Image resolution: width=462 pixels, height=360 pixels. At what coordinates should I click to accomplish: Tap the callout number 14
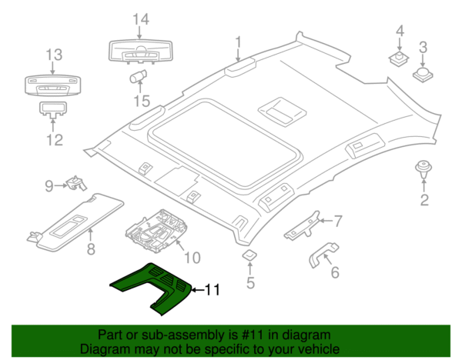[x=141, y=19]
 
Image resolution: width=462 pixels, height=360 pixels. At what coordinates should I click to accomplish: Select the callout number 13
[x=54, y=55]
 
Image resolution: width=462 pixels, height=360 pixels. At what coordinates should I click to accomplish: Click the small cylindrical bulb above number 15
[x=138, y=76]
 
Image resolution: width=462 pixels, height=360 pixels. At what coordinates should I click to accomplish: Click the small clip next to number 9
[x=76, y=183]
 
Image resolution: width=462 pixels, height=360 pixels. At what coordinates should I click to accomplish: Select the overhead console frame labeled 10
[x=156, y=229]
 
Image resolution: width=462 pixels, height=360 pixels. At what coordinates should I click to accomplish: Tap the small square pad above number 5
[x=249, y=255]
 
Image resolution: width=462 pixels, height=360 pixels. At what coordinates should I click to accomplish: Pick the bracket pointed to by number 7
[x=302, y=226]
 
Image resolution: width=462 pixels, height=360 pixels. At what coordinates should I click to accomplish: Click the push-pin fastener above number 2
[x=423, y=169]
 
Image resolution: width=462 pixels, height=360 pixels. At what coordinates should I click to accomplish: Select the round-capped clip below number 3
[x=423, y=75]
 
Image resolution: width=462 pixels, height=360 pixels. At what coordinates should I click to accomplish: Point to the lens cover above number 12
[x=53, y=109]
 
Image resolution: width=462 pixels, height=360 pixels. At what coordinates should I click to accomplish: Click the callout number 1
[x=239, y=42]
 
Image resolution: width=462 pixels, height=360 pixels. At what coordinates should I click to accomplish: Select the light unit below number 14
[x=141, y=52]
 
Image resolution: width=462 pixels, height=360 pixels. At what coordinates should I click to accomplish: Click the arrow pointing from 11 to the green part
[x=198, y=290]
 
